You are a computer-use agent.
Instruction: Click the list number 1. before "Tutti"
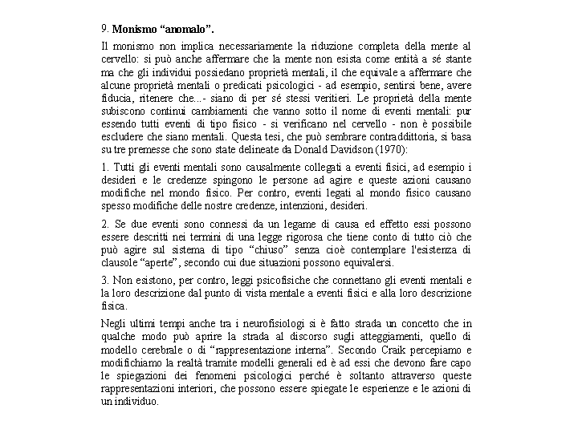pos(106,167)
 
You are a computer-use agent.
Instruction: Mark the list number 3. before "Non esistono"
pos(106,280)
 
